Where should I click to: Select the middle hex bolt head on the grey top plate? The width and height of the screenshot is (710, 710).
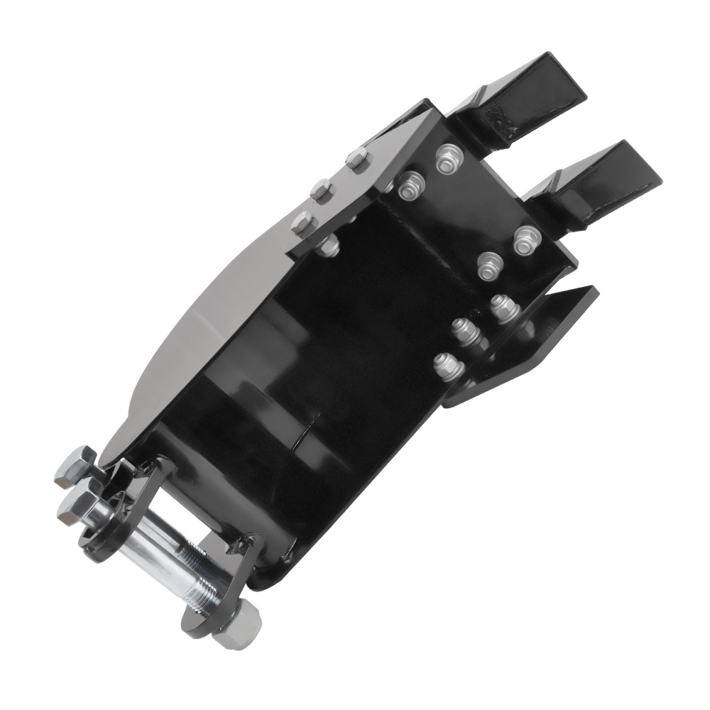pos(322,190)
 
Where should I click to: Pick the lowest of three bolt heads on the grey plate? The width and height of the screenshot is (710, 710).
pos(301,223)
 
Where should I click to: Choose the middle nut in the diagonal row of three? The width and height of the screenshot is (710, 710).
pos(465,331)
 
